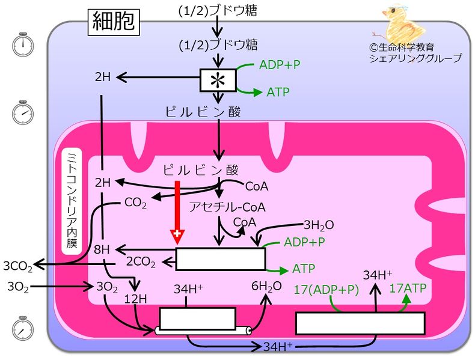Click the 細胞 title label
pos(114,22)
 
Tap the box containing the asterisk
pos(218,79)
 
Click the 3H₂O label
pos(319,225)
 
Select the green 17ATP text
pos(408,288)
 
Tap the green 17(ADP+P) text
pos(326,289)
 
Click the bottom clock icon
pos(23,328)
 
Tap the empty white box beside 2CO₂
pos(220,259)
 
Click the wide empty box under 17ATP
pos(360,323)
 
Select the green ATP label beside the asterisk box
pos(277,92)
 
